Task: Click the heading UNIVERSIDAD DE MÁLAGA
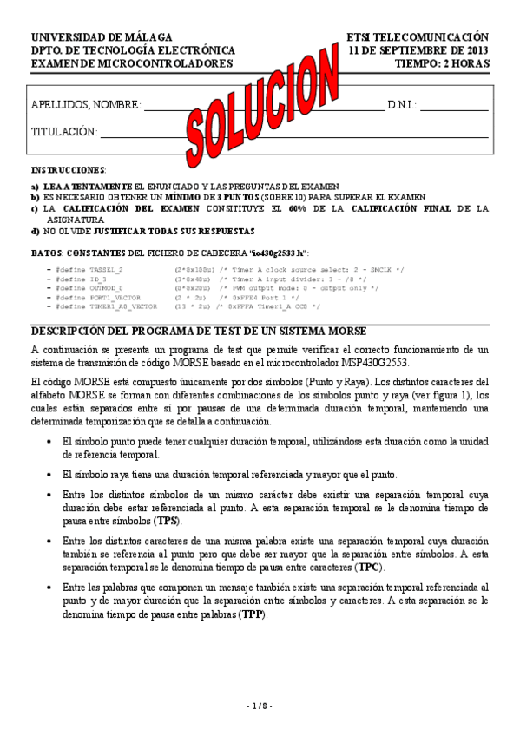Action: (x=102, y=38)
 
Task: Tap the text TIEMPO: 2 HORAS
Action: (x=441, y=63)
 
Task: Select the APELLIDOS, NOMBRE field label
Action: (x=86, y=106)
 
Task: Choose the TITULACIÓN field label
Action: (x=63, y=132)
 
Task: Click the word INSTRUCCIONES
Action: (x=69, y=170)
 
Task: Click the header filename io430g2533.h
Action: (x=276, y=253)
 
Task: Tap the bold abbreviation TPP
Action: (x=253, y=614)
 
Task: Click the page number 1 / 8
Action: (x=260, y=705)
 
